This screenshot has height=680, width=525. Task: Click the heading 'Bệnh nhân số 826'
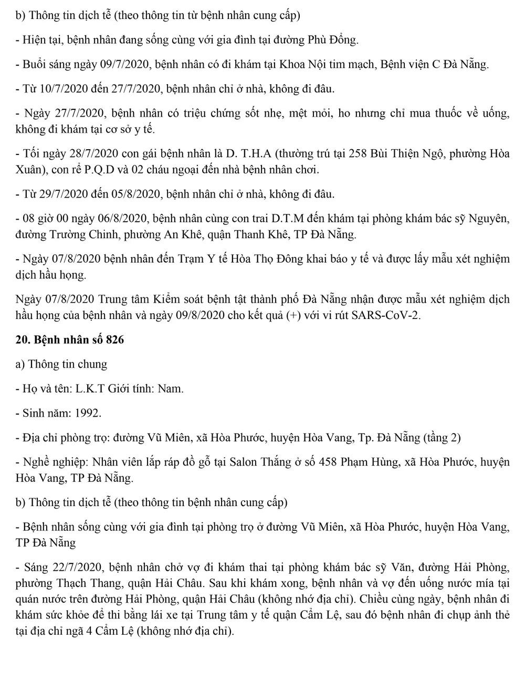79,340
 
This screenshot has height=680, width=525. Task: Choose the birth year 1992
87,413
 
